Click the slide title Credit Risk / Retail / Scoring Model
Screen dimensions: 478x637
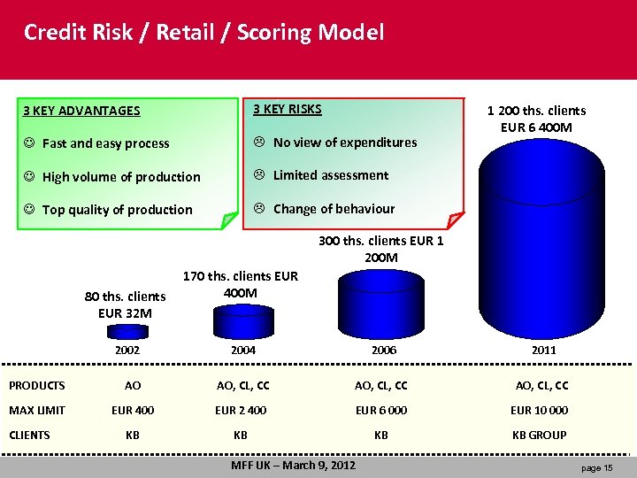point(203,34)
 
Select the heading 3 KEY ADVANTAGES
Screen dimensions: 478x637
point(81,111)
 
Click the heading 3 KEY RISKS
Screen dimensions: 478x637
point(288,109)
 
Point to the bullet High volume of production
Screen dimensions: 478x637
point(112,177)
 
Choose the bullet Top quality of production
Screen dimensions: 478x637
point(108,210)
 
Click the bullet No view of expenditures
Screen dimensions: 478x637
point(335,143)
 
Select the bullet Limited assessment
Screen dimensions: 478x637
point(321,175)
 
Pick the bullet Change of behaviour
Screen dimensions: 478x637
point(325,209)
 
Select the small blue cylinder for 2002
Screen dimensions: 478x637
point(133,332)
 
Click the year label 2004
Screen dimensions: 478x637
point(243,351)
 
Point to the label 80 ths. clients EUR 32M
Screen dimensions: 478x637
point(125,305)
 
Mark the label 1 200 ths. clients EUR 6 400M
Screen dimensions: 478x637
point(537,119)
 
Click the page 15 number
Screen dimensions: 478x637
point(597,467)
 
